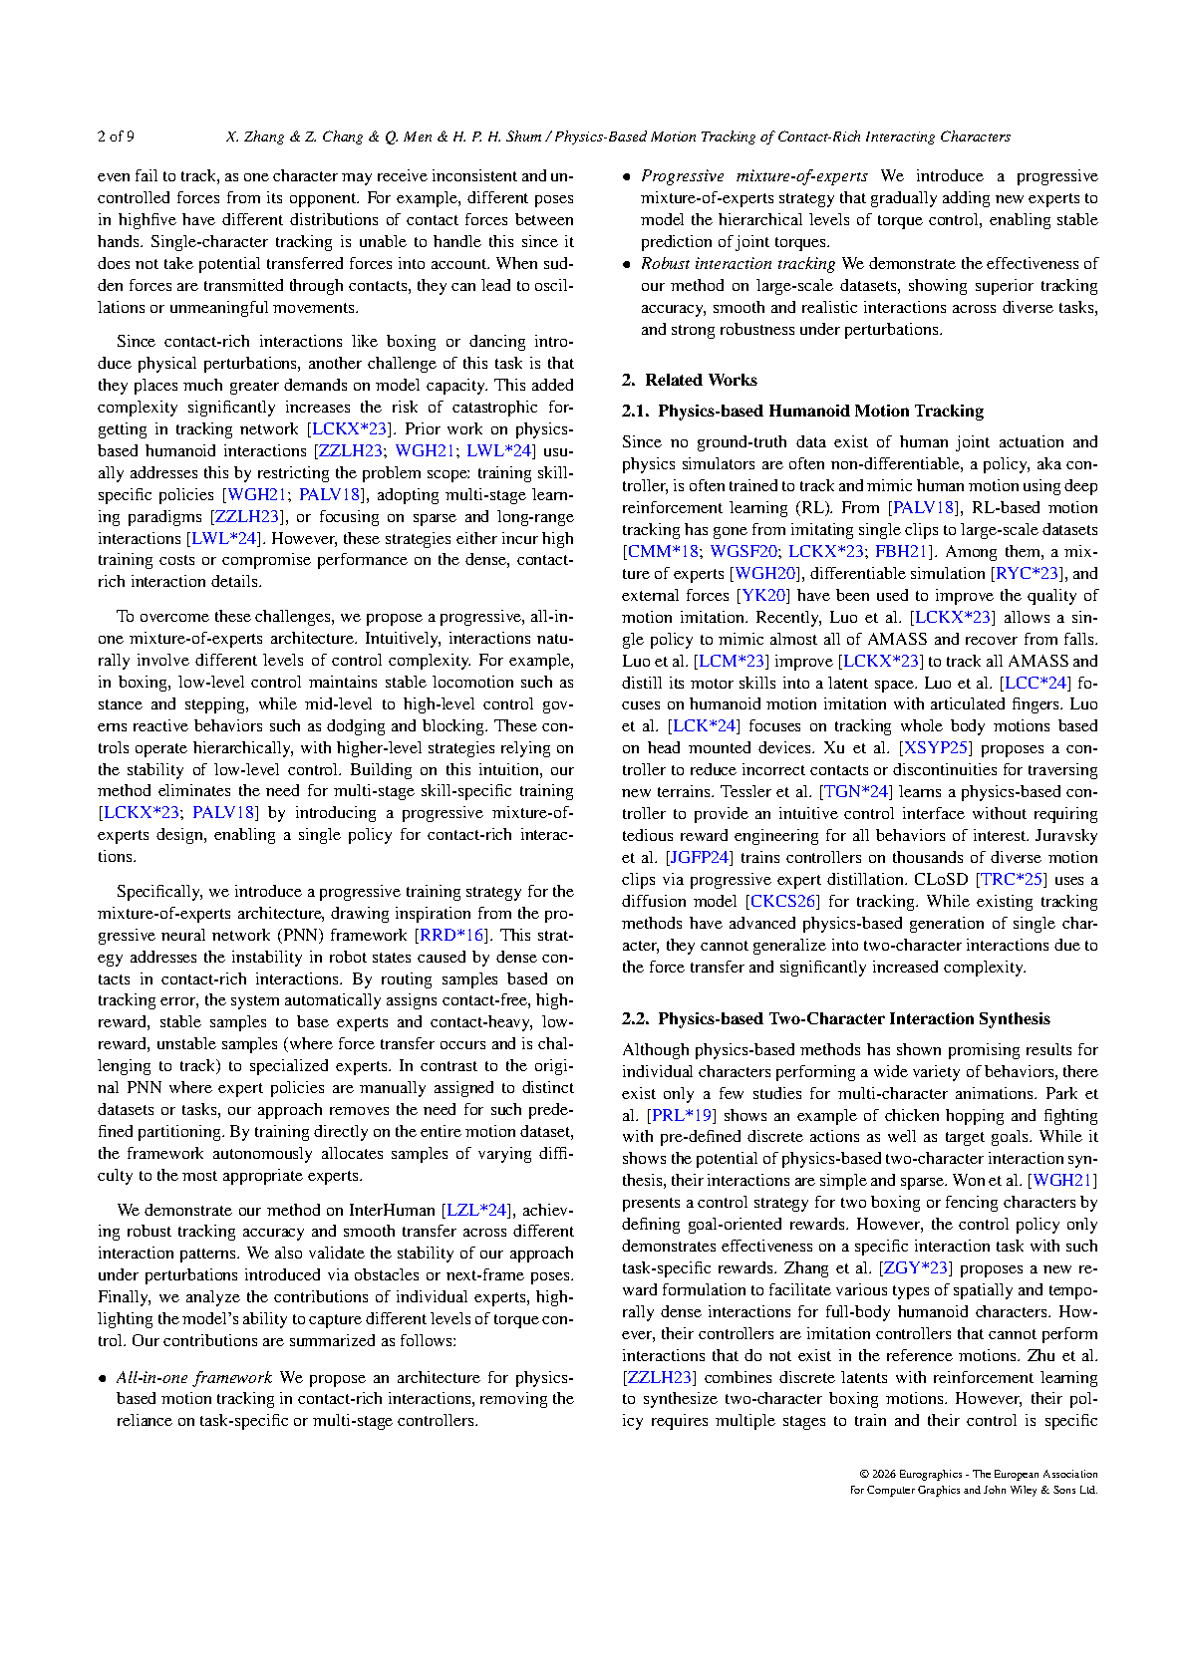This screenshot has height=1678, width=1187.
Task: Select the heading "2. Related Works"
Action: [689, 380]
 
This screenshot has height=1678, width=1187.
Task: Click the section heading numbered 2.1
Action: [802, 411]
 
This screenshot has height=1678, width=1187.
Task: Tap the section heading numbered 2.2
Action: [835, 1018]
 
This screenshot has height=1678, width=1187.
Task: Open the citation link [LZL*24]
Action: [476, 1210]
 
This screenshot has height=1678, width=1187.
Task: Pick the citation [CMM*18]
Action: [662, 551]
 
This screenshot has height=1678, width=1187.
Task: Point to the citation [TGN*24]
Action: [855, 791]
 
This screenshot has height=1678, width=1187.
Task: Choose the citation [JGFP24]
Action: [700, 857]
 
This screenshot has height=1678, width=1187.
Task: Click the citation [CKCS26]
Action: [782, 901]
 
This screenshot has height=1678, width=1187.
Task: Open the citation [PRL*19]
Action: [681, 1115]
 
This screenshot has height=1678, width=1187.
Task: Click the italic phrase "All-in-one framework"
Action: [193, 1377]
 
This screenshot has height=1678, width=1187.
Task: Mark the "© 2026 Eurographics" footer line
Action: [977, 1474]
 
